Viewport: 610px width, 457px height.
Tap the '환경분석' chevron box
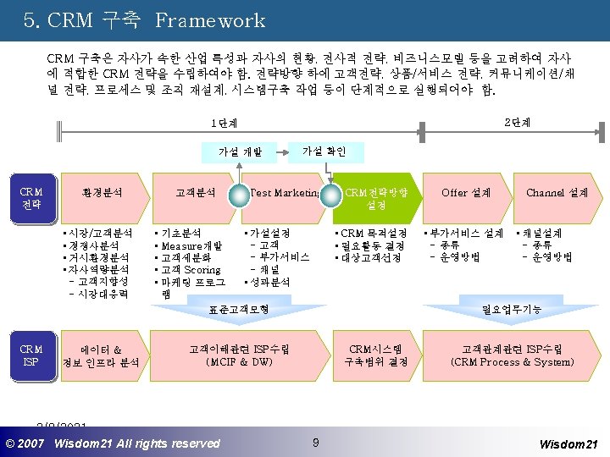(x=103, y=193)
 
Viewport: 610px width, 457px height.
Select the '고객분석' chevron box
(x=195, y=193)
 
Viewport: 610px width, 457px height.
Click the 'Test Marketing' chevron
(x=283, y=193)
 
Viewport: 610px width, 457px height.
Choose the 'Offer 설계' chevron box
(x=465, y=193)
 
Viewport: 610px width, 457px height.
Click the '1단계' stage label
(x=224, y=124)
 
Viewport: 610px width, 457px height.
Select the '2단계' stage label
(x=517, y=123)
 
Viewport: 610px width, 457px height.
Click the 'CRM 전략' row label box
(x=32, y=199)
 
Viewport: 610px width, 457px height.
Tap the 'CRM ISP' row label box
(x=32, y=355)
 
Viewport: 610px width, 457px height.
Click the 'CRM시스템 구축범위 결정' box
(x=377, y=355)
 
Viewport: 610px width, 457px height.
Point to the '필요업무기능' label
(x=511, y=309)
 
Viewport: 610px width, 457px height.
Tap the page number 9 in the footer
(x=315, y=442)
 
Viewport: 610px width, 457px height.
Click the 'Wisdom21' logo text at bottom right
(x=568, y=443)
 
